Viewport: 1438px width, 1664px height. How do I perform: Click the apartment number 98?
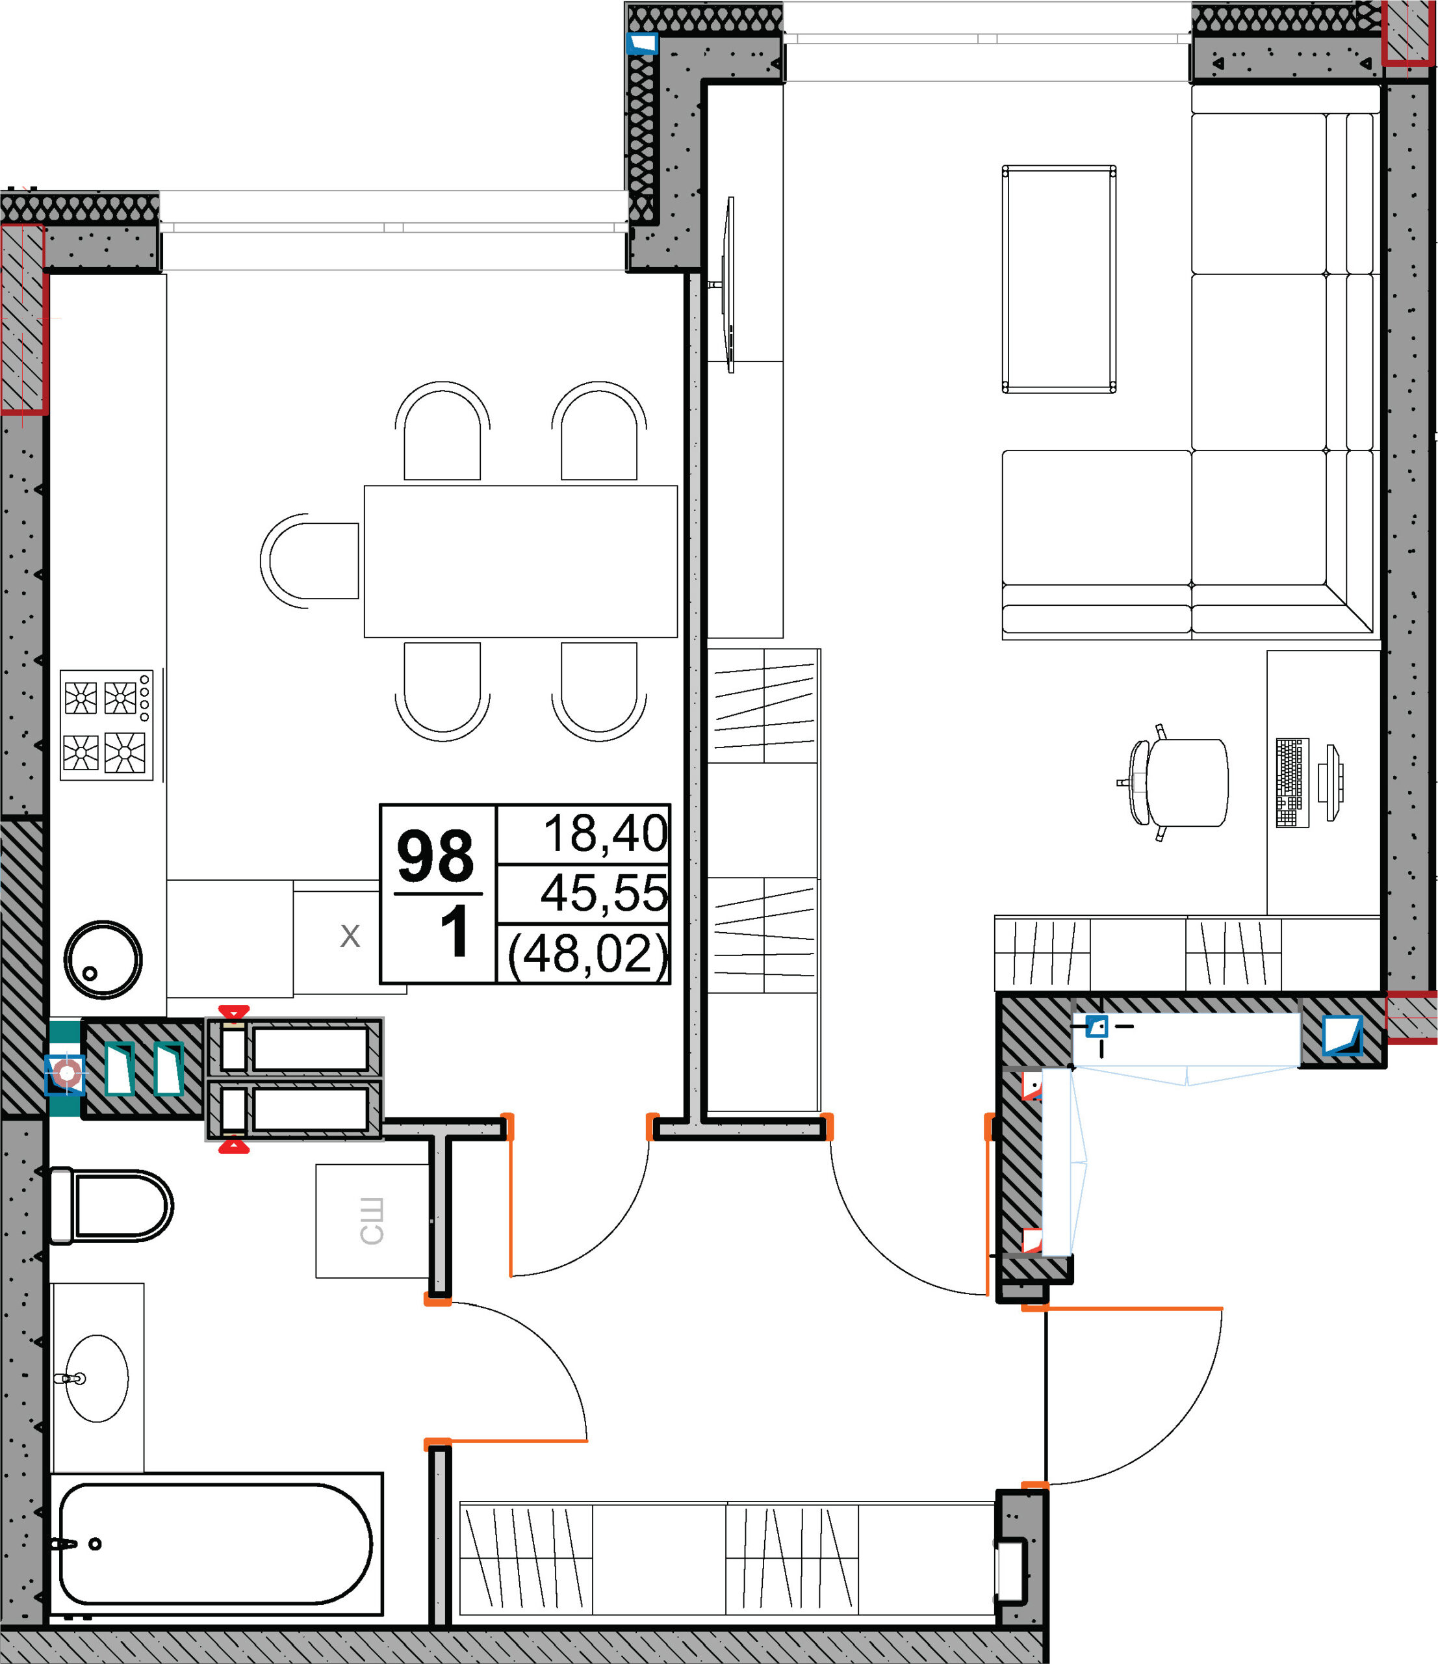pos(435,856)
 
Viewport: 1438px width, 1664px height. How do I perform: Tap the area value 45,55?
pos(604,893)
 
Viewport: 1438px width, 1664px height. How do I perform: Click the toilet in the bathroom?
pos(111,1206)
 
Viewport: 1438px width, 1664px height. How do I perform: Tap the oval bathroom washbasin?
pos(96,1379)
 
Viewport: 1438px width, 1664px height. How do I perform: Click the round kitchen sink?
pos(103,959)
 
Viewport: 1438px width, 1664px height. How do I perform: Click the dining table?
pos(521,562)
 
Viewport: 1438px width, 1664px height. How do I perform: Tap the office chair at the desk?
pos(1173,782)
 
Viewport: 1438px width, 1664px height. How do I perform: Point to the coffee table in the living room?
pos(1059,279)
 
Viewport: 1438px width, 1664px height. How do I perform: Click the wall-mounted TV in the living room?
pos(726,285)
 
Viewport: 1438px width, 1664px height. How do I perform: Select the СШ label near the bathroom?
pos(371,1221)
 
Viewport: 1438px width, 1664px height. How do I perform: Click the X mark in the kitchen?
pos(350,935)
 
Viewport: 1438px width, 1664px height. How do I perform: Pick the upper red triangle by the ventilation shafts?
pos(234,1012)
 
